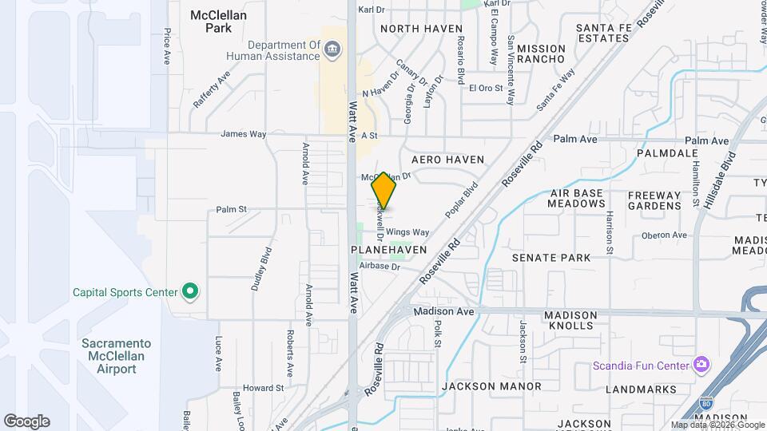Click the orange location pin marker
(384, 190)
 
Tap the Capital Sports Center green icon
(190, 292)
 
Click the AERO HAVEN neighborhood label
(447, 160)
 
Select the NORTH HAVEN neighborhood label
(421, 29)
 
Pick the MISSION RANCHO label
(541, 54)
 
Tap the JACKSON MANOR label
(491, 386)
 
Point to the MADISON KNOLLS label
(570, 320)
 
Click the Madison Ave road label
(443, 311)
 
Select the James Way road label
(243, 134)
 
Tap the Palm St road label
(232, 211)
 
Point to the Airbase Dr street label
(379, 267)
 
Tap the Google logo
(26, 421)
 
